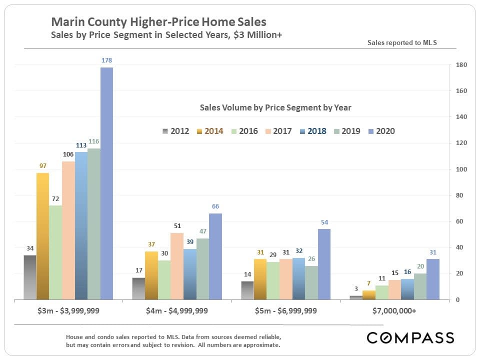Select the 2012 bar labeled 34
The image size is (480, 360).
click(x=29, y=277)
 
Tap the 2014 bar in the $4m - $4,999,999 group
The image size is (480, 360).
click(x=151, y=275)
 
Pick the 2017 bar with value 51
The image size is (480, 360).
click(x=177, y=266)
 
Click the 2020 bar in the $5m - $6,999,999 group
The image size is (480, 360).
click(x=324, y=264)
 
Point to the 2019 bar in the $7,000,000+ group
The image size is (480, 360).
click(x=420, y=286)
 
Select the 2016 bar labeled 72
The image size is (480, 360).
click(x=55, y=252)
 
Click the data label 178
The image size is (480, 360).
click(x=106, y=60)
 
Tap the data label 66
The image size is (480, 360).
click(x=215, y=206)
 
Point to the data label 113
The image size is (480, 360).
click(x=81, y=145)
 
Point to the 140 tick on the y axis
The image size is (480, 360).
click(x=461, y=117)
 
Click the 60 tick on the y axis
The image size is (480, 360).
click(x=459, y=221)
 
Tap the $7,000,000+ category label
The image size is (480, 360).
click(x=394, y=310)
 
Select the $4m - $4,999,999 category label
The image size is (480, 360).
click(x=177, y=310)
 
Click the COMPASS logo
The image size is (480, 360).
click(x=410, y=337)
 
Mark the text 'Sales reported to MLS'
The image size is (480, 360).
click(x=402, y=42)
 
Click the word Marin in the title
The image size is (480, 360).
click(x=66, y=22)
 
